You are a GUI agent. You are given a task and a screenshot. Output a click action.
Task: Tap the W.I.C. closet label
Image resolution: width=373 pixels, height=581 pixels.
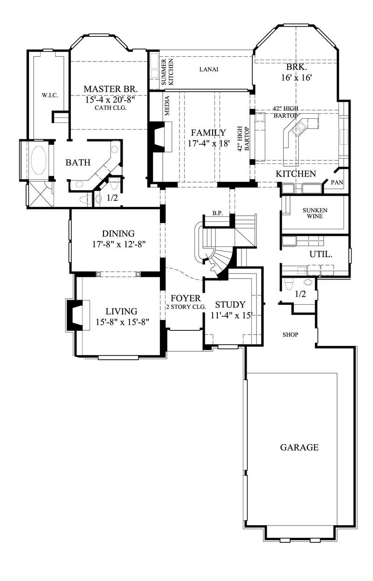point(49,96)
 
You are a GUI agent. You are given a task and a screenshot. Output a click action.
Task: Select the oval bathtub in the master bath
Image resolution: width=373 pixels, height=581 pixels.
point(37,160)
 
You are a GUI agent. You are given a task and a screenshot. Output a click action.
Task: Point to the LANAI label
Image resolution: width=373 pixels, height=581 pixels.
point(209,69)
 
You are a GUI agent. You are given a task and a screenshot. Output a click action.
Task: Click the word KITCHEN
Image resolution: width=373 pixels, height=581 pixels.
point(296,174)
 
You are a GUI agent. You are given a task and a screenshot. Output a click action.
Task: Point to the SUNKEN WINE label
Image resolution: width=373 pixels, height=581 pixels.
point(315,213)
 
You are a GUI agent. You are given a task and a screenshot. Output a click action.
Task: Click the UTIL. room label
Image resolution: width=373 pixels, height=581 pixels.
point(321,254)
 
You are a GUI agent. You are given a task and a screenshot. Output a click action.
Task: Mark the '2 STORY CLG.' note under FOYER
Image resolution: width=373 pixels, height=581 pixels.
point(186,308)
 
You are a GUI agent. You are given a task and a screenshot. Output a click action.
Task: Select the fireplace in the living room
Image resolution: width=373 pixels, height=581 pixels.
point(74,315)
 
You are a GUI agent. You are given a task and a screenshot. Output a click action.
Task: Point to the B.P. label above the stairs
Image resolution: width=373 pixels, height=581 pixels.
point(217,213)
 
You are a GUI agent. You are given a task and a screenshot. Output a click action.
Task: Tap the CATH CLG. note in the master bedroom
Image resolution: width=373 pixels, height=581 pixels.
point(111,108)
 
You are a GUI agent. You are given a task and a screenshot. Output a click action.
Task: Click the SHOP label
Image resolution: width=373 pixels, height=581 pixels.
point(290,335)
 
